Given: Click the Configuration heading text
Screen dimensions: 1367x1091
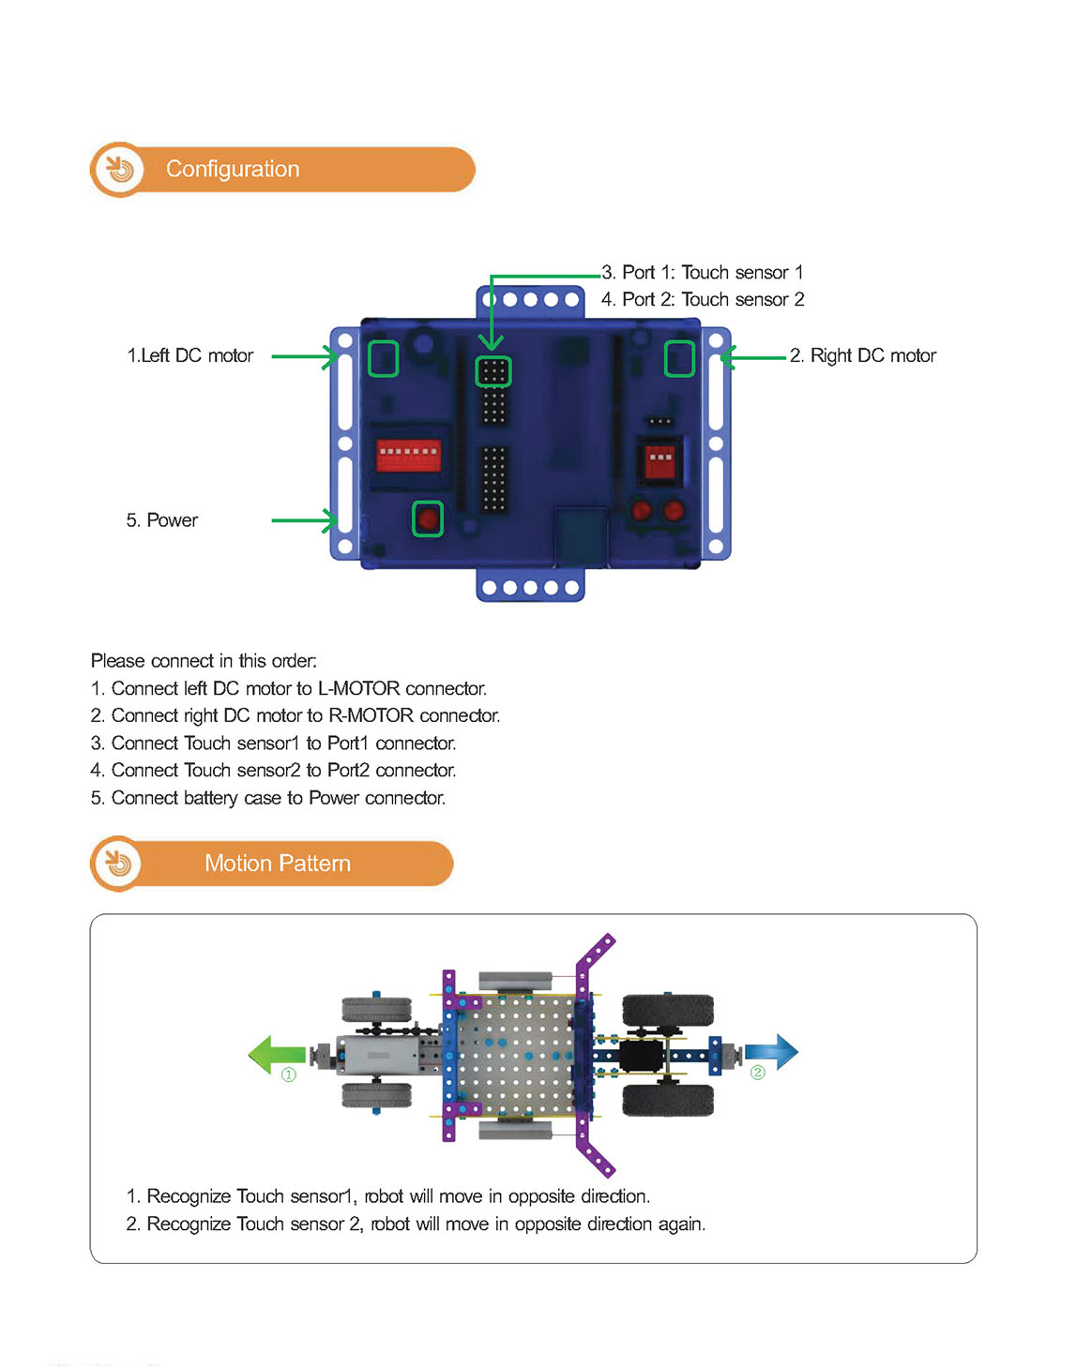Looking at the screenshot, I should (x=233, y=169).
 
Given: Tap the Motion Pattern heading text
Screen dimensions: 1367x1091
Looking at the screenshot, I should (x=278, y=864).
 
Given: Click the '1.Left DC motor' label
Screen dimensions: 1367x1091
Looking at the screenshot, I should (x=190, y=356).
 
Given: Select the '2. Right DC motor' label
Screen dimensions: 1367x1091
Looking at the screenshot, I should (x=863, y=356).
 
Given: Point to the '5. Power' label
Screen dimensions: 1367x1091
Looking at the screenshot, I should (x=162, y=520).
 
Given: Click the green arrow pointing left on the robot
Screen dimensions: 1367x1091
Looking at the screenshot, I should (x=276, y=1054).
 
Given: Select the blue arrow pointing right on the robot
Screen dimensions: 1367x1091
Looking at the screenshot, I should (x=771, y=1052).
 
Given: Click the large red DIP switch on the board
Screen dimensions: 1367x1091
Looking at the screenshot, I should (x=408, y=456).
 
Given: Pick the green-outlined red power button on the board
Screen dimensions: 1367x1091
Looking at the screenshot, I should (x=428, y=518).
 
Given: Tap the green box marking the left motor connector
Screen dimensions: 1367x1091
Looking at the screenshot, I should (x=383, y=358).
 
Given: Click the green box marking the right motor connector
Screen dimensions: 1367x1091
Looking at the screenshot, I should (x=679, y=358).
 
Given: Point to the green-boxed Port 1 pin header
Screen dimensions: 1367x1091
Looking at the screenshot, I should (x=493, y=372).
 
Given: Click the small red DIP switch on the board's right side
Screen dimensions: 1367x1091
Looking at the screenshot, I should (x=659, y=462).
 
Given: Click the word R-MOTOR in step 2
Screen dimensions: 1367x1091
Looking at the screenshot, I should (x=371, y=716).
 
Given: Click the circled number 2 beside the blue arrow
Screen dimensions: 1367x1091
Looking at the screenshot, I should (x=758, y=1073).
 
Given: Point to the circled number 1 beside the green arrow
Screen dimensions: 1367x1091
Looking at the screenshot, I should (x=289, y=1075).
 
